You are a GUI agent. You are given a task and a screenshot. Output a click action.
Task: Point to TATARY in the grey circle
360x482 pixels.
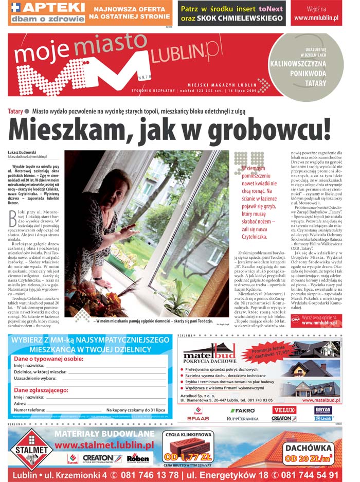point(315,83)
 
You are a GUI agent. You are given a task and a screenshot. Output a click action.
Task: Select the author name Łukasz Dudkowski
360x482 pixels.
point(22,152)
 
